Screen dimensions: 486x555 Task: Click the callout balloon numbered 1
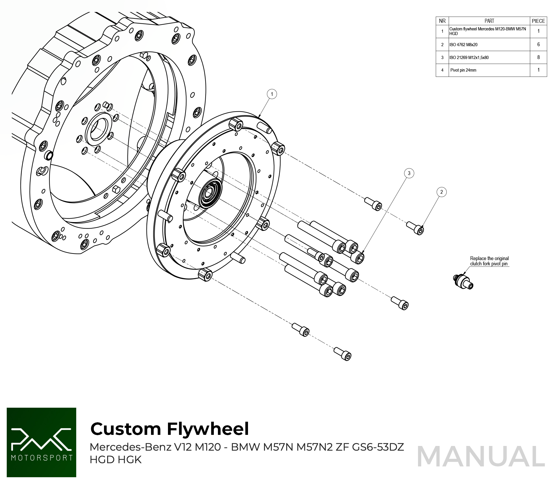click(x=272, y=94)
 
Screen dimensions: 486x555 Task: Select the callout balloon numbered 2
click(x=441, y=192)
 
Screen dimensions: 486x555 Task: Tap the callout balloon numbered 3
click(x=409, y=173)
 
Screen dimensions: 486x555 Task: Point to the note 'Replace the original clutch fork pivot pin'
click(x=489, y=261)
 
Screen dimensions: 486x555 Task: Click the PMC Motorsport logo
click(x=41, y=442)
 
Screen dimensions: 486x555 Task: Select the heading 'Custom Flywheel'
click(x=169, y=429)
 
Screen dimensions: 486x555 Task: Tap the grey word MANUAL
click(x=481, y=456)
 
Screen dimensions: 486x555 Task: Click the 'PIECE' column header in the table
click(x=538, y=21)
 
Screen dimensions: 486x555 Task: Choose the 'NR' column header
click(x=442, y=21)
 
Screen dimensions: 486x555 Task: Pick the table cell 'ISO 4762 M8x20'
click(x=464, y=45)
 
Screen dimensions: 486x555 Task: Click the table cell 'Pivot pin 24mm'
click(x=463, y=70)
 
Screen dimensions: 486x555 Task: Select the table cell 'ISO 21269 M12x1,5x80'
click(x=469, y=58)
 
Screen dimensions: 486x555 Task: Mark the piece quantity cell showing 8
click(x=538, y=57)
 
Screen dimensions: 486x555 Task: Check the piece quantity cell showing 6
click(x=538, y=44)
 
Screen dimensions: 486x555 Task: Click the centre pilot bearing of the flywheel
click(x=209, y=193)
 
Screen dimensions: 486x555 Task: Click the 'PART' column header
click(x=489, y=21)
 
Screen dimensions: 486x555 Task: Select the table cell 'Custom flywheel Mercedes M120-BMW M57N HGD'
click(x=488, y=31)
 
